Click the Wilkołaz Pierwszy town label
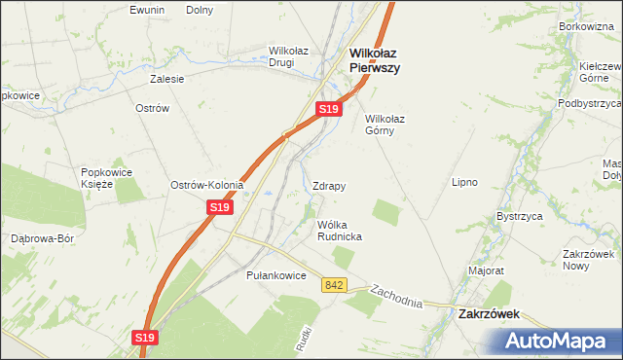[375, 61]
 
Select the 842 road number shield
[335, 284]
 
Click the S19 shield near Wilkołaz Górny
[329, 110]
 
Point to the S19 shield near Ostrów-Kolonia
[220, 207]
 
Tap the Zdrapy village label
[330, 185]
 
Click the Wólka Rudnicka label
[340, 231]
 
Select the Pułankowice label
[276, 276]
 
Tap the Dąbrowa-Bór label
[42, 238]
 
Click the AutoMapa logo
[558, 341]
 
